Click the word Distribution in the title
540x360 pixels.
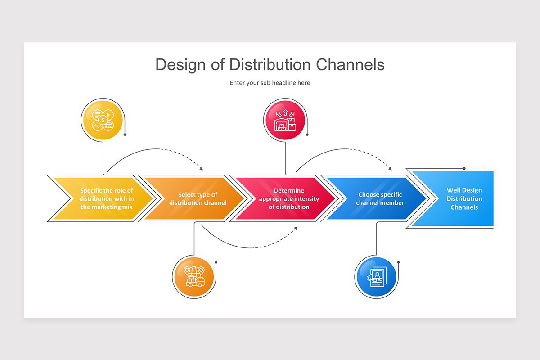[x=270, y=65]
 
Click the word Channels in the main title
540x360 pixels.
[x=350, y=65]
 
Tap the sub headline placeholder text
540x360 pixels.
[x=270, y=83]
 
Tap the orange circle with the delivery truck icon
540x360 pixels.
[x=193, y=277]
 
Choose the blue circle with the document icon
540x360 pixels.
[x=375, y=277]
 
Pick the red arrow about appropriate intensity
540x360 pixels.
[x=288, y=198]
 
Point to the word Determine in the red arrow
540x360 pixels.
[x=289, y=191]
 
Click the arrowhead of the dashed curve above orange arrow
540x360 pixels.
[x=201, y=169]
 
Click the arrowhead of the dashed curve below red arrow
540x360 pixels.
[x=296, y=228]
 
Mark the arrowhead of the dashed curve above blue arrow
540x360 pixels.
[x=390, y=169]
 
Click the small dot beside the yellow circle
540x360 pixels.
[x=125, y=134]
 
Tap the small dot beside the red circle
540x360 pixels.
[x=307, y=134]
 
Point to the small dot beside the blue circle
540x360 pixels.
[x=398, y=262]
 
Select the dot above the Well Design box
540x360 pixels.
[x=464, y=168]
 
